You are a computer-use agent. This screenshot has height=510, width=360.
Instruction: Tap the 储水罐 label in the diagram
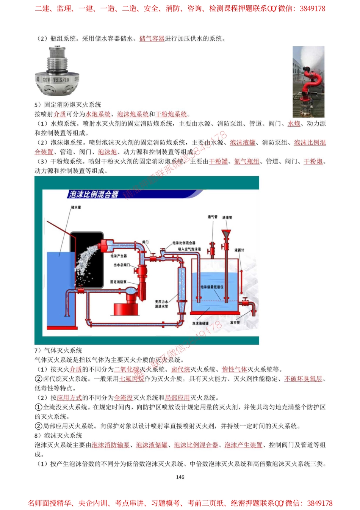pos(76,207)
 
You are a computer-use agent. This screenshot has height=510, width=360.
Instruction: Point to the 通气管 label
pos(212,217)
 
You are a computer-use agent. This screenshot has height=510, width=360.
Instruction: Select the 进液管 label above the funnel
pos(227,217)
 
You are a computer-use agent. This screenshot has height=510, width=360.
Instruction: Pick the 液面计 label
pos(239,250)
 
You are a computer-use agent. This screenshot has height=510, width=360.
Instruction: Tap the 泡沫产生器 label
pos(119,256)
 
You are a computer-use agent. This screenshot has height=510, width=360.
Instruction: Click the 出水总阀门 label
pos(122,265)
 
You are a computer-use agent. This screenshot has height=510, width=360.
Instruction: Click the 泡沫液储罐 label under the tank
pos(200,323)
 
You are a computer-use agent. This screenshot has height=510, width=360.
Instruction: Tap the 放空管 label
pos(235,323)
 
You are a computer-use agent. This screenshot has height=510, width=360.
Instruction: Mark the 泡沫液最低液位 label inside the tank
pos(212,287)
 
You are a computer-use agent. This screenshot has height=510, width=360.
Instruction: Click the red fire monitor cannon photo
pos(308,82)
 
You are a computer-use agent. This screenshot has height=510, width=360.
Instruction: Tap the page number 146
pos(180,477)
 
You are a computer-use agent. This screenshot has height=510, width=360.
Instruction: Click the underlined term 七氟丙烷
pos(132,379)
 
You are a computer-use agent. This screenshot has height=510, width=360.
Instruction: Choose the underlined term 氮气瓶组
pos(247,162)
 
